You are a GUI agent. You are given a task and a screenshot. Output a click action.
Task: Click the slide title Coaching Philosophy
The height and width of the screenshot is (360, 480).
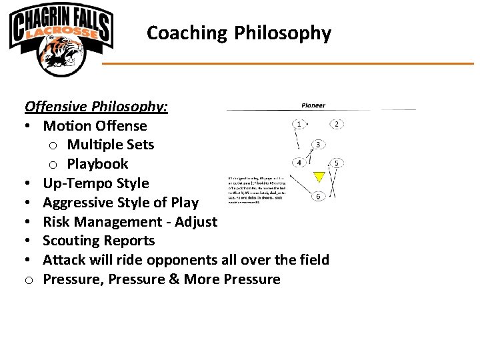point(239,33)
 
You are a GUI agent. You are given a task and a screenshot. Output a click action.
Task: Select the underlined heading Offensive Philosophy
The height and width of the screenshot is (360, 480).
point(96,106)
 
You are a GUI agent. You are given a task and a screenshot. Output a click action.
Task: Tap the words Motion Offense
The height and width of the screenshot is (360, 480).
point(95,125)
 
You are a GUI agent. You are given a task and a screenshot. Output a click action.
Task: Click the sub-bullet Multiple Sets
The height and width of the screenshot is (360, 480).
point(110,145)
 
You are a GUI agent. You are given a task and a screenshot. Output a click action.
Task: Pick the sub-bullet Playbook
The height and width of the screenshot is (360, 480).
point(97,164)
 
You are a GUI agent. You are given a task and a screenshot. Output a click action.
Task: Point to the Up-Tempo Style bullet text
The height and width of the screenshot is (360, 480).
point(96,183)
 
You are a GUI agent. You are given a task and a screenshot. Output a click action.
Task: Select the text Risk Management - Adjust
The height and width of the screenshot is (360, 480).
point(130,222)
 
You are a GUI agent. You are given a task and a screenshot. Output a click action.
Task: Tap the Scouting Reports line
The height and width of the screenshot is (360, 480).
point(99,241)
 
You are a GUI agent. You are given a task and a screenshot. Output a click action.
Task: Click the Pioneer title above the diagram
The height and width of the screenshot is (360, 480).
point(313,105)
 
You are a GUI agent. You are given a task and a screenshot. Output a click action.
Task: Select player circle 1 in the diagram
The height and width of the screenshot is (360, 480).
point(301,124)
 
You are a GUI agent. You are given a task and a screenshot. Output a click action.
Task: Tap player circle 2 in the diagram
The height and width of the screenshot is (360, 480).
point(337,124)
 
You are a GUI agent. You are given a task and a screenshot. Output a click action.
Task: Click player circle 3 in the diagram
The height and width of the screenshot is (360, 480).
point(319,145)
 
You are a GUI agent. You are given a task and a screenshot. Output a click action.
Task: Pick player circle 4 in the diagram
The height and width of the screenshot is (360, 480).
point(301,163)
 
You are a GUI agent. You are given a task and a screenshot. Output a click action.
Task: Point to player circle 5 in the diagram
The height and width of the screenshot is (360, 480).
point(337,163)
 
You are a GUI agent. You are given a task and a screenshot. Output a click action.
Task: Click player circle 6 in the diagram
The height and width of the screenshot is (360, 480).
point(319,196)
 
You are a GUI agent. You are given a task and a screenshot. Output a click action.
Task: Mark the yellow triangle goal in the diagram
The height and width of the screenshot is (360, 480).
point(319,177)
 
